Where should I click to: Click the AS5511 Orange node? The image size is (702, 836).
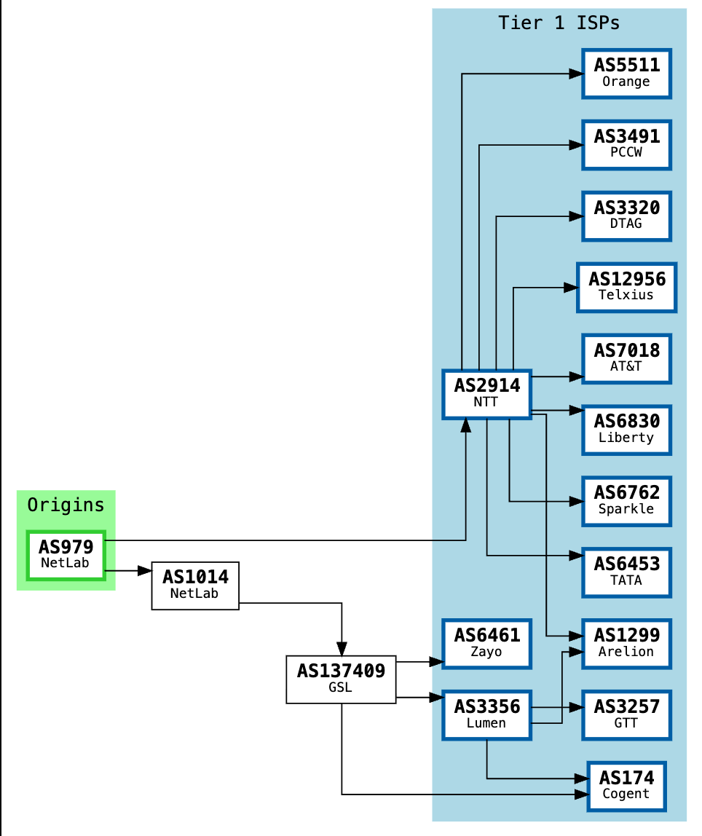click(x=626, y=73)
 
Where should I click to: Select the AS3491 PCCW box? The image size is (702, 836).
click(x=626, y=144)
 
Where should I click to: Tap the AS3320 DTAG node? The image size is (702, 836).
click(x=626, y=216)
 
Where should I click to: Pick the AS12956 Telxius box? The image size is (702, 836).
click(x=626, y=287)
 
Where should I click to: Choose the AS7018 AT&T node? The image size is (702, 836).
click(x=626, y=358)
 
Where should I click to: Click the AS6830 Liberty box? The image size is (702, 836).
click(x=626, y=430)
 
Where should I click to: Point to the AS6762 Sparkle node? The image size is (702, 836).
click(x=626, y=501)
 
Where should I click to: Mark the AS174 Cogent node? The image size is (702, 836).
click(x=626, y=786)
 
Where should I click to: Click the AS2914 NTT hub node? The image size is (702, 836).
click(x=486, y=394)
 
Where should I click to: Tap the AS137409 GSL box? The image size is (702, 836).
click(x=341, y=679)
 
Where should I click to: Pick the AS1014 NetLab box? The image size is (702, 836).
click(x=195, y=585)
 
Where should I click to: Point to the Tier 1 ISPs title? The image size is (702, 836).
click(x=559, y=23)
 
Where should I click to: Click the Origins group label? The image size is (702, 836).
click(x=66, y=505)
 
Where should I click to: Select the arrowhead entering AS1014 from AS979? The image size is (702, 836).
click(x=143, y=571)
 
